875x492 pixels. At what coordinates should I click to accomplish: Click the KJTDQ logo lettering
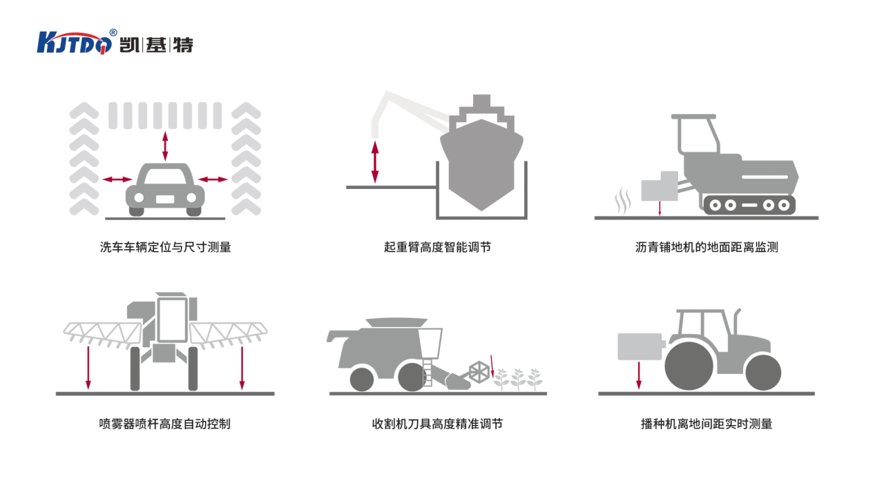pyautogui.click(x=74, y=43)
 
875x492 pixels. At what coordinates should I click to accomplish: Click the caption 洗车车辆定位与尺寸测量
pyautogui.click(x=165, y=247)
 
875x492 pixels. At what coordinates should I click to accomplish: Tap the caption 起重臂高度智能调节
pyautogui.click(x=437, y=247)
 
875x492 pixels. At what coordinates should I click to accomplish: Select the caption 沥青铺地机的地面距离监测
pyautogui.click(x=706, y=247)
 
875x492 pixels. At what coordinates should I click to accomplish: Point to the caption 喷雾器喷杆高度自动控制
pyautogui.click(x=164, y=424)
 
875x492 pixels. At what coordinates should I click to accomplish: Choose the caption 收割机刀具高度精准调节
pyautogui.click(x=437, y=424)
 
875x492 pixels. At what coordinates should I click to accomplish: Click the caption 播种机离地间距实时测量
pyautogui.click(x=706, y=424)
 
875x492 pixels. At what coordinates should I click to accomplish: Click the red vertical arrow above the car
pyautogui.click(x=165, y=146)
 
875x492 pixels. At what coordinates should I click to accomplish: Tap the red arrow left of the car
pyautogui.click(x=117, y=179)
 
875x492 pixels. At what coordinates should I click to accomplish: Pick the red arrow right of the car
pyautogui.click(x=213, y=179)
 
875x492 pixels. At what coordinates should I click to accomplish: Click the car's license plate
pyautogui.click(x=165, y=199)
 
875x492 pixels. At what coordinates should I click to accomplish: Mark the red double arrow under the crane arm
pyautogui.click(x=375, y=162)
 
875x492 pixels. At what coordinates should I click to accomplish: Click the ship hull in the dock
pyautogui.click(x=481, y=164)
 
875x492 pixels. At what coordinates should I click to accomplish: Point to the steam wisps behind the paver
pyautogui.click(x=623, y=201)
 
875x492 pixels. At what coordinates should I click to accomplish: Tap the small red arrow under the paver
pyautogui.click(x=660, y=208)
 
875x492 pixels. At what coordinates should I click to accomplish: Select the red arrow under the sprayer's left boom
pyautogui.click(x=88, y=368)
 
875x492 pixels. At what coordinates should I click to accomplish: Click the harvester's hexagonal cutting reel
pyautogui.click(x=479, y=371)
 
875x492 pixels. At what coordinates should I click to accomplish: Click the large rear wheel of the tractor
pyautogui.click(x=689, y=366)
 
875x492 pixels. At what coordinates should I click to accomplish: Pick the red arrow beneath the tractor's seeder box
pyautogui.click(x=639, y=375)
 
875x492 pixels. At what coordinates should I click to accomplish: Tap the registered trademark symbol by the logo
pyautogui.click(x=113, y=32)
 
